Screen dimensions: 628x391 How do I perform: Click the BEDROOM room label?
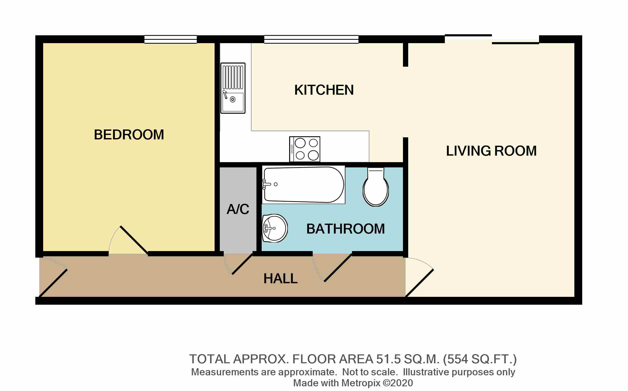coord(129,135)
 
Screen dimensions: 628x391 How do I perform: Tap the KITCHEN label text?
coord(324,90)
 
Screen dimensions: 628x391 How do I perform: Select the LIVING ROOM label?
coord(491,151)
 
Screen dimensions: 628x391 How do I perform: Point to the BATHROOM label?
coord(345,229)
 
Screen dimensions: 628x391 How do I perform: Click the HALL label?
coord(281,279)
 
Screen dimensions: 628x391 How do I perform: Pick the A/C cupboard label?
coord(238,209)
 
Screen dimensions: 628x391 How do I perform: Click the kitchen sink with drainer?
coord(233,88)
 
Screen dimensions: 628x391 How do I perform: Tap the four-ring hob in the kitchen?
coord(305,149)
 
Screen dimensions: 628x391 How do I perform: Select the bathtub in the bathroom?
coord(304,185)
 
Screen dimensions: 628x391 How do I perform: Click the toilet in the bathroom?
coord(376,187)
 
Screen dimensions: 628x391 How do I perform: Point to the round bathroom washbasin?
coord(275,228)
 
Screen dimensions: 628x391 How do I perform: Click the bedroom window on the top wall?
coord(171,39)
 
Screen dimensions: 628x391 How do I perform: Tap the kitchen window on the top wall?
coord(311,39)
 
